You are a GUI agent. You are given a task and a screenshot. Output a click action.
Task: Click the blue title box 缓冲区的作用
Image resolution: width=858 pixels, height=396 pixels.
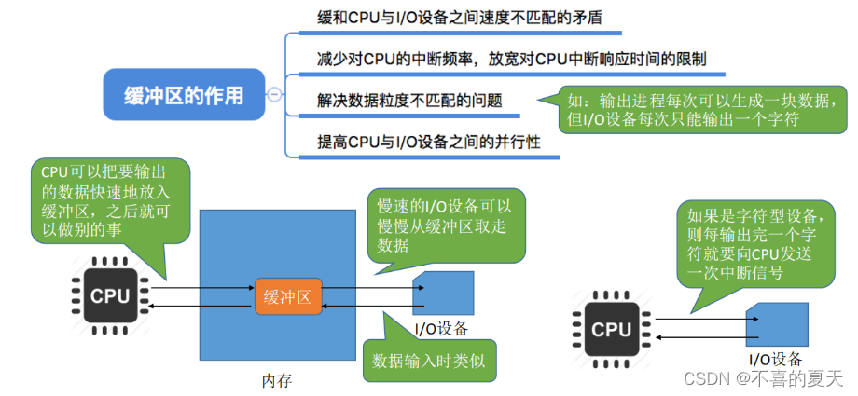click(184, 95)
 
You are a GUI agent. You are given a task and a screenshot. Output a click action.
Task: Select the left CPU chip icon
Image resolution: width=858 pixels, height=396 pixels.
click(110, 296)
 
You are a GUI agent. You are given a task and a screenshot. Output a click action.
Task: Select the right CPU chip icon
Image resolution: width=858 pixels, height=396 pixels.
click(612, 329)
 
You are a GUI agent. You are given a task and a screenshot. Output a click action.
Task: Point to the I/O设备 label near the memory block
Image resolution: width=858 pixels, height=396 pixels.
click(440, 328)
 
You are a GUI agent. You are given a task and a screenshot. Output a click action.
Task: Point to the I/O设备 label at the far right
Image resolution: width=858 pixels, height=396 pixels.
click(775, 360)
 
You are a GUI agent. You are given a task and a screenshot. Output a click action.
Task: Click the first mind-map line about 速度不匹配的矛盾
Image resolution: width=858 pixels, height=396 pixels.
click(456, 18)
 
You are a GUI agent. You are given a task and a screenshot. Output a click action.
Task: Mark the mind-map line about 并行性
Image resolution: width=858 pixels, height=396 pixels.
click(429, 143)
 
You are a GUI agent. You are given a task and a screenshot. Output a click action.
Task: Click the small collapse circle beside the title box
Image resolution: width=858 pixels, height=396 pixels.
click(273, 95)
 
